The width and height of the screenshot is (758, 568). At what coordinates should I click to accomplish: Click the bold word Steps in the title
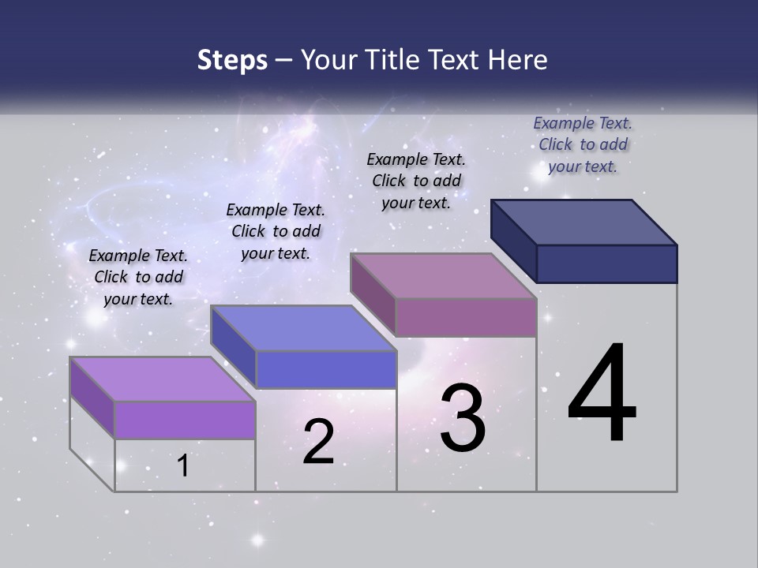click(x=232, y=60)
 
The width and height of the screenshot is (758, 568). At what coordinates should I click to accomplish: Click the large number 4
click(x=602, y=394)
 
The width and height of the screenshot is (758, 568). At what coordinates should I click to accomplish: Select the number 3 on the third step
click(x=463, y=418)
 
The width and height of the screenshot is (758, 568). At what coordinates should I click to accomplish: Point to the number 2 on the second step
click(x=318, y=442)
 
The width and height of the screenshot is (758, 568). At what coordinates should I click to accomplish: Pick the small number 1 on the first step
click(x=183, y=466)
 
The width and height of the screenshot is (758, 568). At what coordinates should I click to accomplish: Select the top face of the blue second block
click(x=303, y=328)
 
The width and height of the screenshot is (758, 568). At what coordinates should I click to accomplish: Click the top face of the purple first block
click(x=163, y=379)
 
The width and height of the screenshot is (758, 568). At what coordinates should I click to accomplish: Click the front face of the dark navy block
click(x=606, y=263)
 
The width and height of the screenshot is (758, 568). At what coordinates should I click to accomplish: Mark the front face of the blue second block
click(x=326, y=369)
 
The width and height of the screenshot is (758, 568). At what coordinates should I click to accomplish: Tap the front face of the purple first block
click(x=185, y=420)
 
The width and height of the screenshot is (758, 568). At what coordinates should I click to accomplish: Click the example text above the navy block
click(x=583, y=144)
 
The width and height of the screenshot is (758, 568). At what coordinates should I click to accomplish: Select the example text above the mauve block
click(x=416, y=181)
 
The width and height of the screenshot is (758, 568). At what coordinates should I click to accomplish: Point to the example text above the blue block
click(x=276, y=231)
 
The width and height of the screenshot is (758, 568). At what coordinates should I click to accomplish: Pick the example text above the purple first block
click(x=138, y=277)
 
